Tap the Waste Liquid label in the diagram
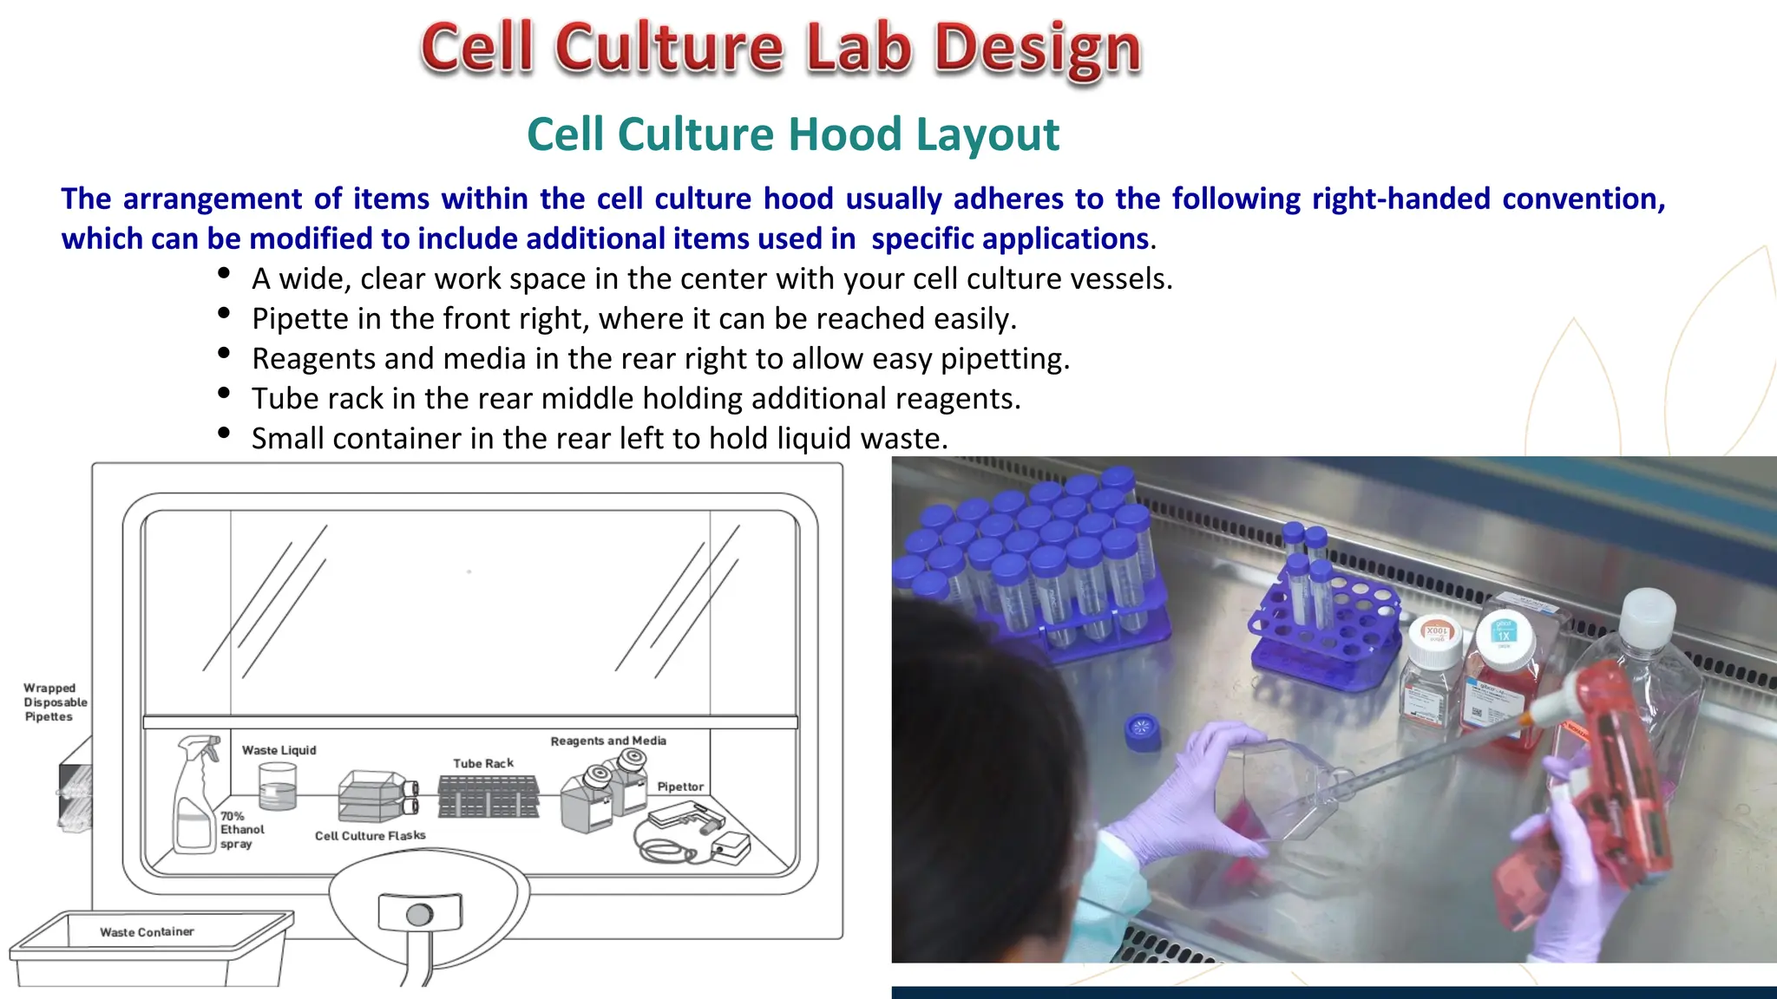click(x=279, y=750)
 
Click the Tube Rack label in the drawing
click(x=483, y=763)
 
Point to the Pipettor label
click(x=680, y=787)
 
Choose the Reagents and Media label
click(x=608, y=741)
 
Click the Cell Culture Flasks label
click(x=370, y=835)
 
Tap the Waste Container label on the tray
click(x=147, y=932)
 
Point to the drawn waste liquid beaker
click(x=278, y=787)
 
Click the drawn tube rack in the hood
click(x=489, y=796)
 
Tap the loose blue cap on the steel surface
click(x=1143, y=730)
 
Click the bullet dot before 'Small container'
click(x=224, y=433)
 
